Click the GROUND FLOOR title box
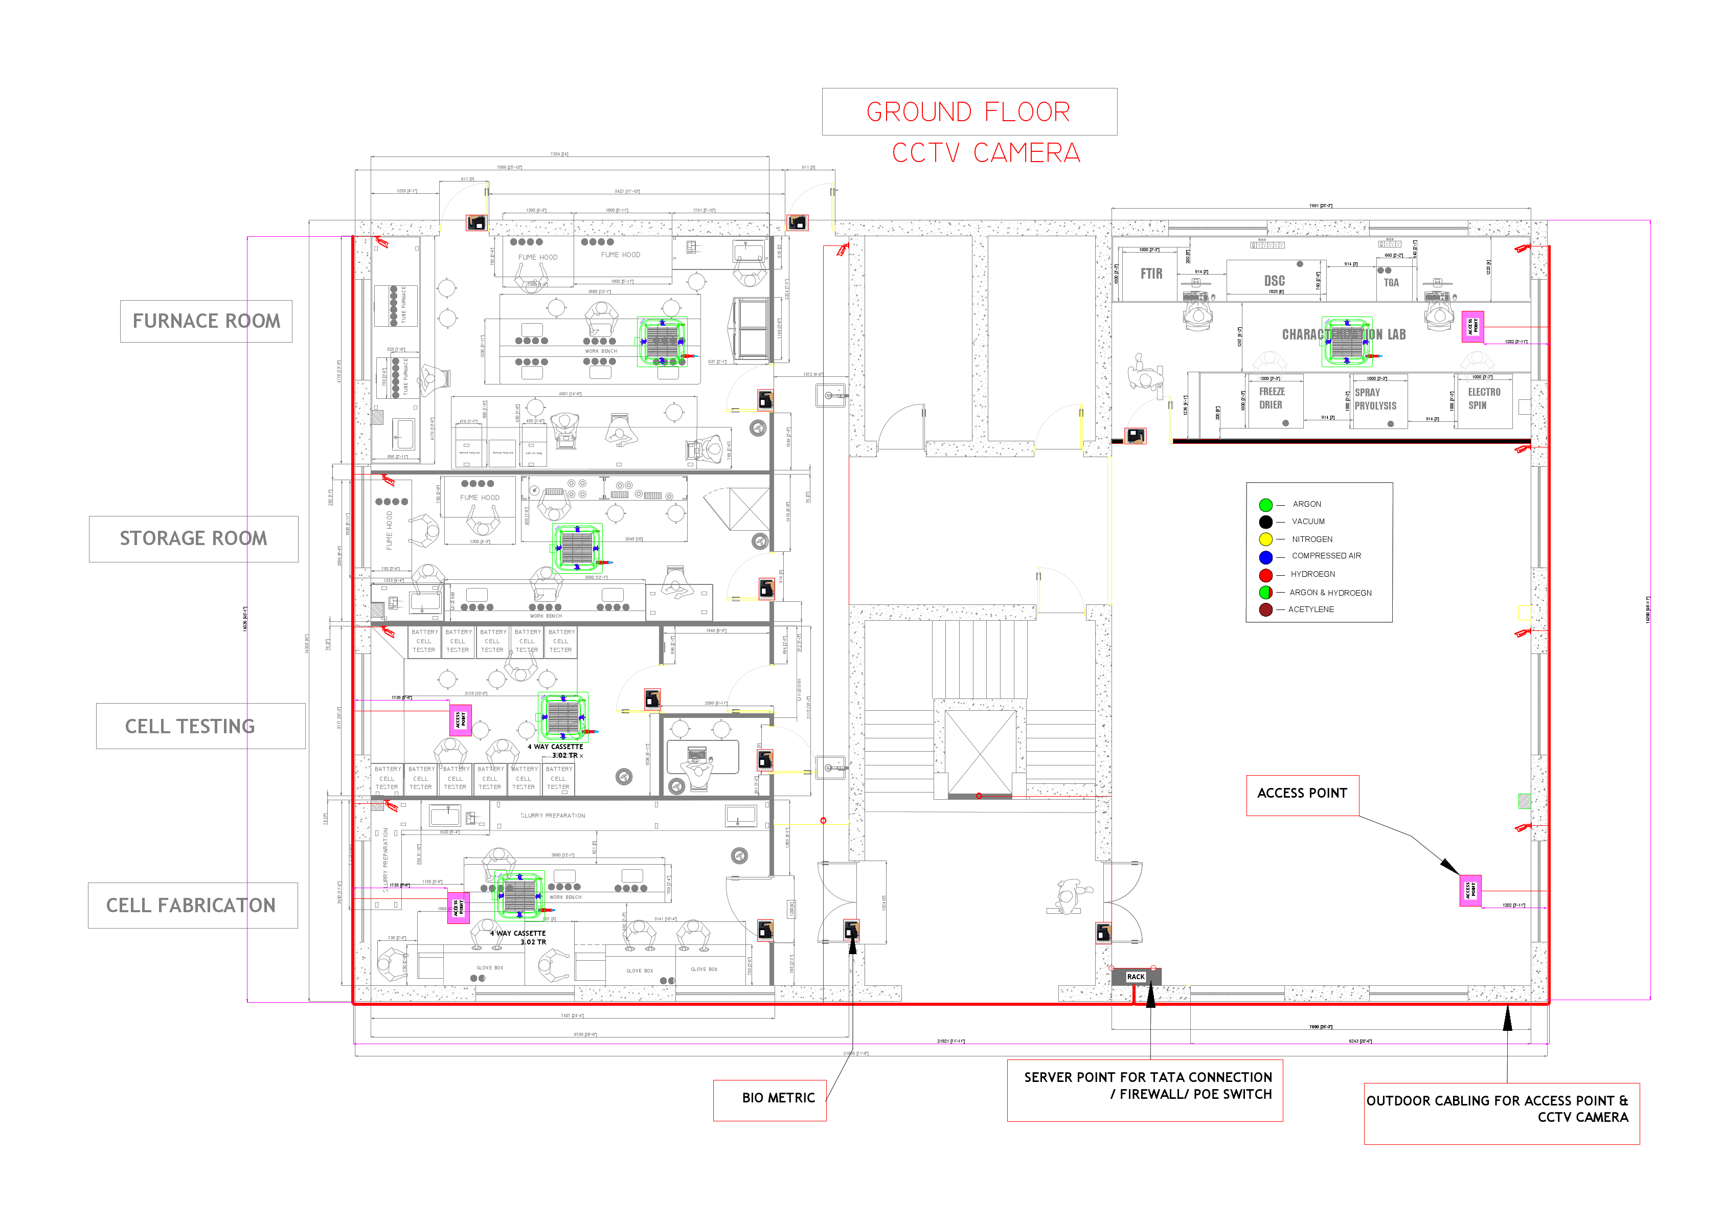(969, 112)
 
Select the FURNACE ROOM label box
(207, 321)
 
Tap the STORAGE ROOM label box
(194, 539)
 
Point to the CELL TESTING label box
(200, 726)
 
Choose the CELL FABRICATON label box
(192, 905)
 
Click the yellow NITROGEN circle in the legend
(1266, 539)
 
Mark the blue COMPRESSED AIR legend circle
(1266, 557)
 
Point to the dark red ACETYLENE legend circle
(1266, 609)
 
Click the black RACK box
(1136, 977)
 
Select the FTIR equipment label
(1151, 274)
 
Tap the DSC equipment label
(1274, 281)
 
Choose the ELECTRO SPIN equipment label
(1484, 398)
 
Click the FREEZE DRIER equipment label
(1271, 398)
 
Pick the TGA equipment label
(1391, 283)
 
